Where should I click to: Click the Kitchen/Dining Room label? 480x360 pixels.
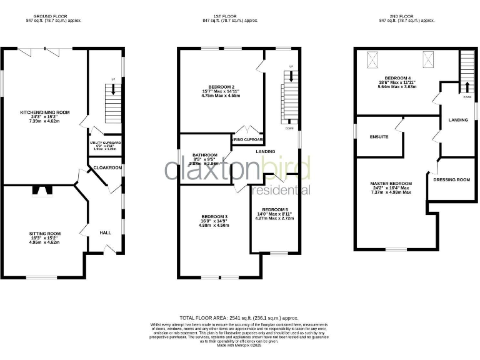point(44,112)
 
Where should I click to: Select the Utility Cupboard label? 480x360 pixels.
point(106,143)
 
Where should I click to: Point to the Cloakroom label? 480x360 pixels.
point(107,168)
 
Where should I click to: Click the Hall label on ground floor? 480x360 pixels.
point(105,232)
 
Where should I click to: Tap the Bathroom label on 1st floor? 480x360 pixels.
point(204,155)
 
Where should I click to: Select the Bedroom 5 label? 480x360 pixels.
point(275,209)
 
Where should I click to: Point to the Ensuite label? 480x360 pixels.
point(379,136)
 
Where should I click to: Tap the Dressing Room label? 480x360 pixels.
point(451,180)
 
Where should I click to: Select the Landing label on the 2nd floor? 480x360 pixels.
point(458,120)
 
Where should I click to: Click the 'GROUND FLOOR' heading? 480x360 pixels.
point(54,16)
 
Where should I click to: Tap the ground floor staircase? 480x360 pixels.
point(113,101)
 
